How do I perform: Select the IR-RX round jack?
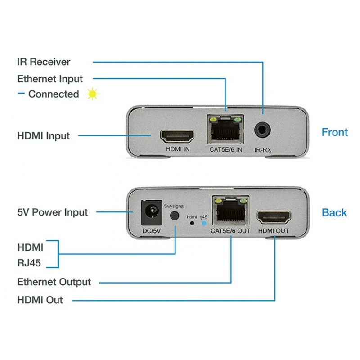coord(262,130)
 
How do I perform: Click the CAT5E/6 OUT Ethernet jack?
coord(230,211)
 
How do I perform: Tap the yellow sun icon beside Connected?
coord(93,94)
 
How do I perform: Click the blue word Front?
coord(334,132)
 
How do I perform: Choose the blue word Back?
coord(334,212)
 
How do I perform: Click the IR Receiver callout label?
coord(44,62)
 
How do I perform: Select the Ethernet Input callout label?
coord(50,79)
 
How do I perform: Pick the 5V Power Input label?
coord(53,212)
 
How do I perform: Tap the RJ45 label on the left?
coord(29,263)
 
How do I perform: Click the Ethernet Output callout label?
coord(54,282)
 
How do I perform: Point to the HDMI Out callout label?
coord(40,300)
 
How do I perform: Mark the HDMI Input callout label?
coord(44,135)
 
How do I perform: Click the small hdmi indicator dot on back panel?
coord(192,223)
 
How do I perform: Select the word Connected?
coord(54,94)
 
